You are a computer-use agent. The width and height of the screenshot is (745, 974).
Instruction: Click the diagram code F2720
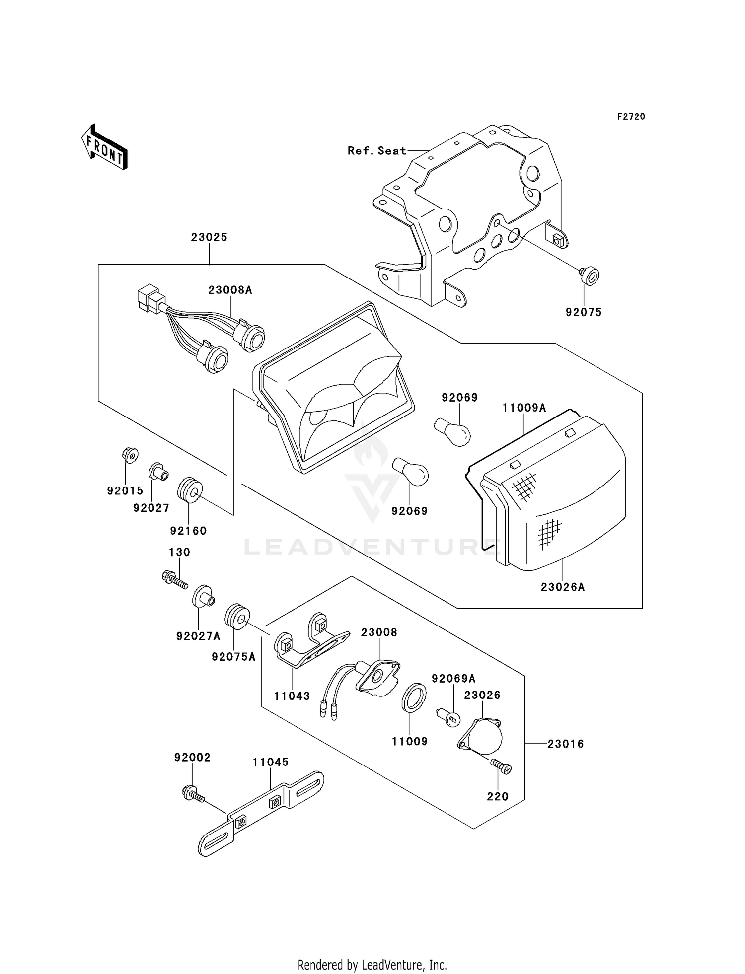point(631,117)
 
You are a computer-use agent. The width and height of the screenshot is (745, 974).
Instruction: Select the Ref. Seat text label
point(377,151)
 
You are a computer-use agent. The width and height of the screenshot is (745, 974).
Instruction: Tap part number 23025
point(209,237)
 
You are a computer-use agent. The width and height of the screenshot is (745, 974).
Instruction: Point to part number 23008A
point(230,290)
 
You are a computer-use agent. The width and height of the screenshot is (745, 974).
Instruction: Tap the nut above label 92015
point(130,454)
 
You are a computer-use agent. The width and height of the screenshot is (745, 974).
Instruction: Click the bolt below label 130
point(175,579)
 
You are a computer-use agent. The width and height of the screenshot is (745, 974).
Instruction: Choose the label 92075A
point(233,657)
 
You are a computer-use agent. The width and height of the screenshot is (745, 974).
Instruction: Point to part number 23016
point(566,744)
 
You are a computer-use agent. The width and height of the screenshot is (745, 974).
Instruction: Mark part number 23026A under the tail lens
point(563,587)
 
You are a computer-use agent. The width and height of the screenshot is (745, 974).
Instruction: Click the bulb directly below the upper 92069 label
point(452,430)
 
